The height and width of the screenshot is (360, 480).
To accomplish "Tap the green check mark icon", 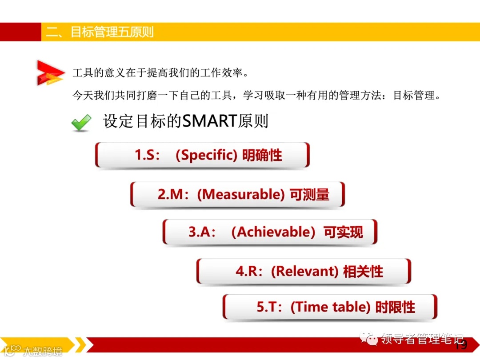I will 81,123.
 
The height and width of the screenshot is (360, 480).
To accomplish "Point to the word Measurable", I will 240,195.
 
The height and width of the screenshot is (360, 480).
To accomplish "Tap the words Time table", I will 330,307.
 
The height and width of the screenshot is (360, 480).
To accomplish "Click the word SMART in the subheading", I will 210,121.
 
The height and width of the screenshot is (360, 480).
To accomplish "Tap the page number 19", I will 461,345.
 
